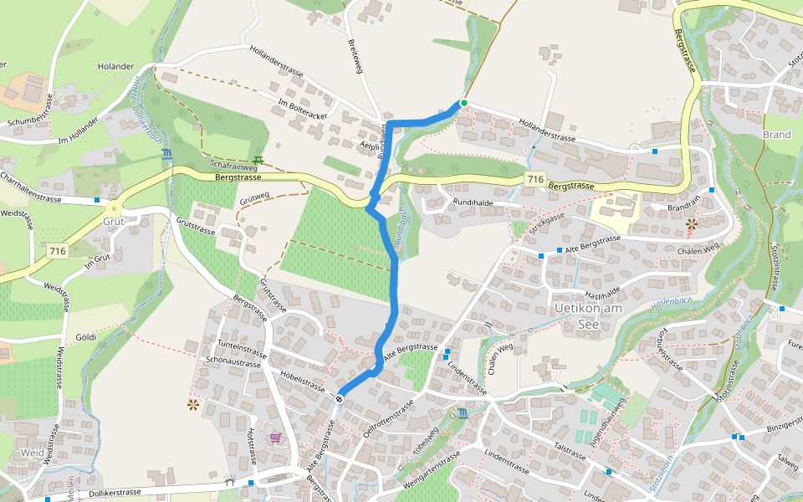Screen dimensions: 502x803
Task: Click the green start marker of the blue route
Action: (x=463, y=103)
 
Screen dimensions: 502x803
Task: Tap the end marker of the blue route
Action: (x=340, y=398)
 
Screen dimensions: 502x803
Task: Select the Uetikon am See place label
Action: (x=591, y=316)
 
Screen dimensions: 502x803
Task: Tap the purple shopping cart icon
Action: (x=275, y=437)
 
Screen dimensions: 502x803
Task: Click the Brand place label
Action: (x=776, y=134)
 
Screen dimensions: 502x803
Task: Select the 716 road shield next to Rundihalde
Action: (x=536, y=179)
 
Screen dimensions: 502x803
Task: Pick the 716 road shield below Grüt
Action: (x=57, y=250)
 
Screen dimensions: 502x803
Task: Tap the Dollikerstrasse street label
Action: (x=107, y=493)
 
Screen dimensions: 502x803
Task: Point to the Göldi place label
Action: (x=85, y=337)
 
